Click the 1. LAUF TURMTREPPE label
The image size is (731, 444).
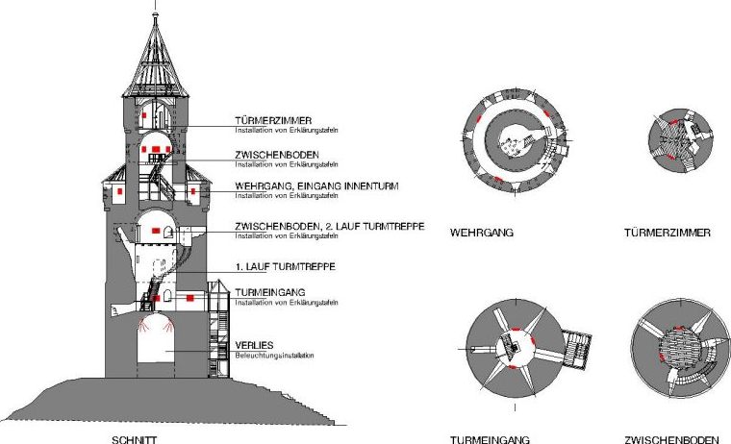[285, 265]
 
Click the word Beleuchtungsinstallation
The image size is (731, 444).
[275, 356]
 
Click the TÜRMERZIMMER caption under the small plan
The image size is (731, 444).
[667, 233]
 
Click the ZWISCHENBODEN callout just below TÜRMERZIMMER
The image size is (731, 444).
[276, 154]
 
